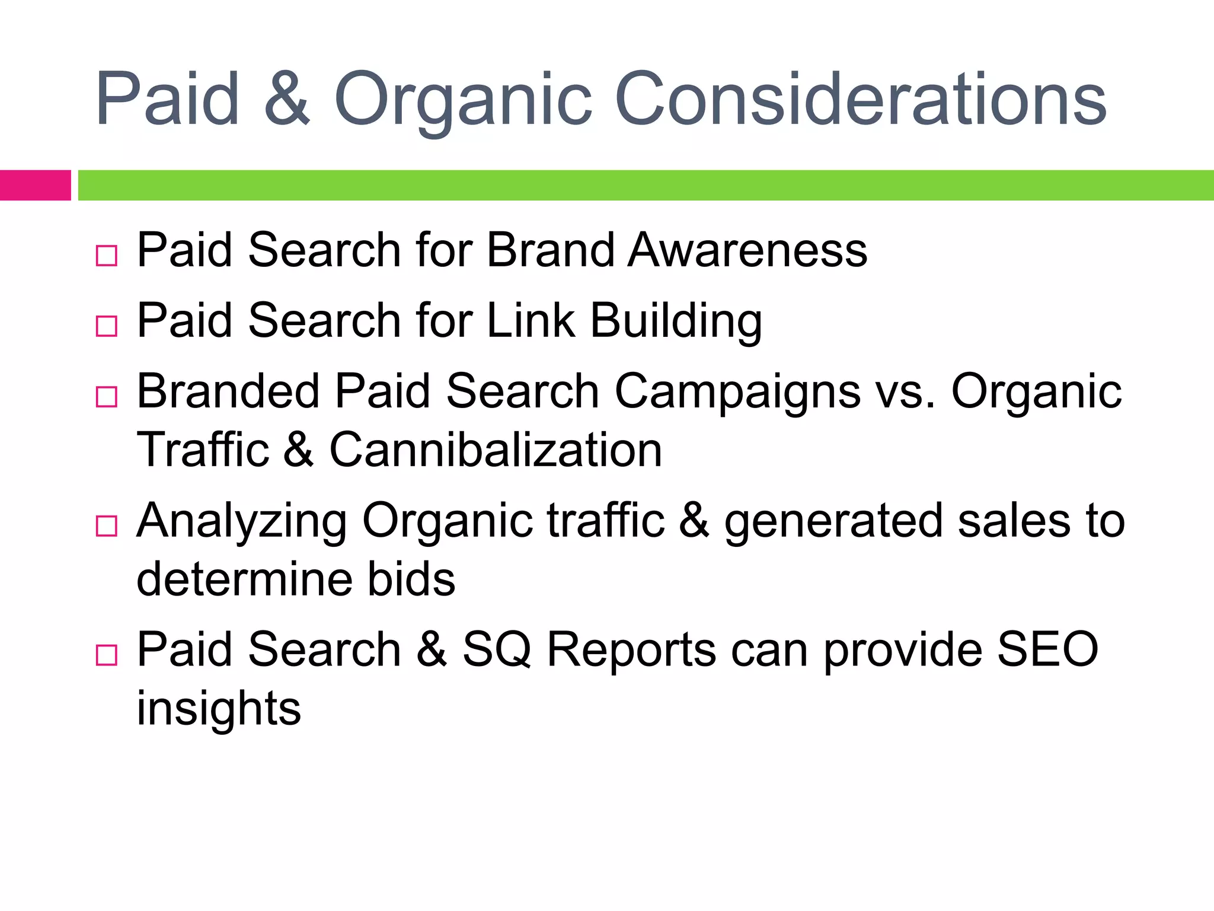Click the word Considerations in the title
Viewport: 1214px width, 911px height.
[x=861, y=100]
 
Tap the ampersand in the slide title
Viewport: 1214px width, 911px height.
[x=286, y=100]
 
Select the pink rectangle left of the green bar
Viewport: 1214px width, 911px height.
[x=35, y=185]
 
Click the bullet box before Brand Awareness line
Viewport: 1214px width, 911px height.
[x=107, y=256]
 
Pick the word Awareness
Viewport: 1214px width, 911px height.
[x=747, y=250]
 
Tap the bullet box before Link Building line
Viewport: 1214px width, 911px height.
[x=107, y=326]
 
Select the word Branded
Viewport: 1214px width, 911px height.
[x=228, y=391]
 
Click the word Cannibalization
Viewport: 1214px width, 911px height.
[x=496, y=450]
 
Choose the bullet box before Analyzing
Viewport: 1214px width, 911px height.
[x=107, y=526]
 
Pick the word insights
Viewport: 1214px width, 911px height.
[x=219, y=708]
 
